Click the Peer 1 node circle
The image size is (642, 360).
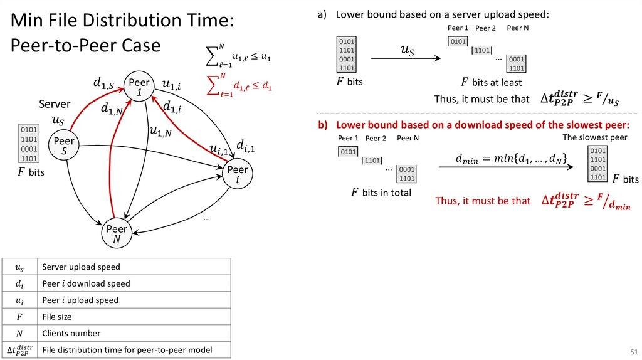coord(139,87)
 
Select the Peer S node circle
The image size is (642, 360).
coord(64,146)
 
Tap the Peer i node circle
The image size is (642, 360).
coord(238,175)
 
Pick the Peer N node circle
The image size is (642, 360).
coord(117,233)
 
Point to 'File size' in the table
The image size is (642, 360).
coord(57,317)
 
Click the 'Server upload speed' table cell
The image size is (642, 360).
coord(81,267)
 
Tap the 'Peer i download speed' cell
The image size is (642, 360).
coord(86,283)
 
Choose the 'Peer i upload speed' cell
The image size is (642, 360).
coord(80,300)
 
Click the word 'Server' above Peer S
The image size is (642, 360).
coord(55,103)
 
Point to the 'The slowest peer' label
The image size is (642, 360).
coord(594,137)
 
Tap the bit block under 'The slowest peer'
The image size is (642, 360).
coord(597,164)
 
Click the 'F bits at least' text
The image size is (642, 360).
coord(491,82)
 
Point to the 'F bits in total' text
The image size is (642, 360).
coord(381,193)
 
